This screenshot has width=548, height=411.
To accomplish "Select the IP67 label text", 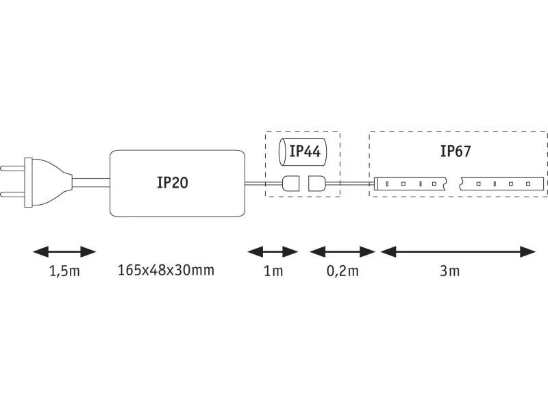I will [455, 151].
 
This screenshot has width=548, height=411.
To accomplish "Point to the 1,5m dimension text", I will [64, 271].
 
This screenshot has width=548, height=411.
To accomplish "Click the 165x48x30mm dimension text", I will [166, 270].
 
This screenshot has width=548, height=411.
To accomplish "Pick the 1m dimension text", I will [273, 271].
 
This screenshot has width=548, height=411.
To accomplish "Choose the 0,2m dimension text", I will [342, 271].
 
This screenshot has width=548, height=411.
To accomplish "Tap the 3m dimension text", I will [450, 271].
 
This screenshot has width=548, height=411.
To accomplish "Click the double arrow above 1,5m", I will [64, 251].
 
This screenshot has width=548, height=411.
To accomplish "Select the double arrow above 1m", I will [273, 251].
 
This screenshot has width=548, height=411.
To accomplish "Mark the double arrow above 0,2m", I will [342, 251].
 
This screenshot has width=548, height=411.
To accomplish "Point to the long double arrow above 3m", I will [458, 251].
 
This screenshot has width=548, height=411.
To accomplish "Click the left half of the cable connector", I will [290, 184].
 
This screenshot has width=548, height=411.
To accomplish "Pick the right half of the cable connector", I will [316, 184].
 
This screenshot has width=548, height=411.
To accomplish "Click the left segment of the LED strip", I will [411, 184].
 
